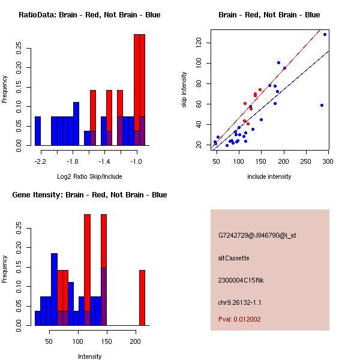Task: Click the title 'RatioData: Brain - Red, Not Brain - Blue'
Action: [x=89, y=14]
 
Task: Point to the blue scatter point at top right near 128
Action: [x=325, y=34]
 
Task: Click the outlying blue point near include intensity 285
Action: [x=322, y=105]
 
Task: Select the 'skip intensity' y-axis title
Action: [x=185, y=90]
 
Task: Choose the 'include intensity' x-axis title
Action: [x=269, y=176]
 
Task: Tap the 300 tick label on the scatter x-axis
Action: [x=328, y=161]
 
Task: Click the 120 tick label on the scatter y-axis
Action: [x=199, y=42]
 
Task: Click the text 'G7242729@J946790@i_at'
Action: [x=257, y=235]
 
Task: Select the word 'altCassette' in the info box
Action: [x=233, y=258]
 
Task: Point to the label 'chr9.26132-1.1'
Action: [x=240, y=301]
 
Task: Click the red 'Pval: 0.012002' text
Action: [x=239, y=319]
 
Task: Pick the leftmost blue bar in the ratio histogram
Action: [x=38, y=131]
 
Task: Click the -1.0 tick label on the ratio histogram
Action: [x=136, y=161]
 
